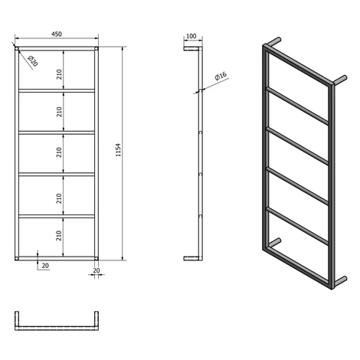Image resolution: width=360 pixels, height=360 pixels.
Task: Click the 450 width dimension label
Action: pyautogui.click(x=57, y=34)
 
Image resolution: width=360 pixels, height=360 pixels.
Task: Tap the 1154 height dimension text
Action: pyautogui.click(x=118, y=150)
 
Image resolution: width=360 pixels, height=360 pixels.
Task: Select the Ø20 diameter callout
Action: pyautogui.click(x=33, y=61)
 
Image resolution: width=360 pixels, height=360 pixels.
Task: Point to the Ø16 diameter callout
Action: pyautogui.click(x=221, y=76)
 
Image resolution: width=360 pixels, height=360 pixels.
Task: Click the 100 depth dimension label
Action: pyautogui.click(x=191, y=36)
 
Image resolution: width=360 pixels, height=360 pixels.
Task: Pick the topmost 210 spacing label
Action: pyautogui.click(x=59, y=74)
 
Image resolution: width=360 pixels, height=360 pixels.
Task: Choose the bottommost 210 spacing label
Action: pyautogui.click(x=59, y=235)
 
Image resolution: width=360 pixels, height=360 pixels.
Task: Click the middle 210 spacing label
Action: pyautogui.click(x=59, y=152)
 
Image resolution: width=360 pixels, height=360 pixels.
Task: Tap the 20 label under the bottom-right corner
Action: pyautogui.click(x=97, y=270)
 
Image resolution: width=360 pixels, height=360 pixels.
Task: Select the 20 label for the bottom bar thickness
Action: pyautogui.click(x=45, y=266)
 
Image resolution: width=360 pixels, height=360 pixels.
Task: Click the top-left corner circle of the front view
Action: pyautogui.click(x=17, y=48)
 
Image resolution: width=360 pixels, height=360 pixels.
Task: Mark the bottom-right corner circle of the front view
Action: pyautogui.click(x=97, y=258)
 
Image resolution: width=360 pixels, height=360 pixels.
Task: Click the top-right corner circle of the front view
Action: pyautogui.click(x=97, y=48)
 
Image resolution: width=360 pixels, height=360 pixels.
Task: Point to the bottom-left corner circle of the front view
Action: pyautogui.click(x=17, y=258)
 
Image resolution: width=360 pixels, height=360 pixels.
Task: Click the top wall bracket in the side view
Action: pyautogui.click(x=191, y=48)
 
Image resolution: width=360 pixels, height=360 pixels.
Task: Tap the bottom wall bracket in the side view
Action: pyautogui.click(x=191, y=258)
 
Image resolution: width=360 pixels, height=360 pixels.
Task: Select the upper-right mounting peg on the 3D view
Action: pyautogui.click(x=340, y=80)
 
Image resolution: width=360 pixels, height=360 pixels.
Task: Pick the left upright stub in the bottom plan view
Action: pyautogui.click(x=17, y=319)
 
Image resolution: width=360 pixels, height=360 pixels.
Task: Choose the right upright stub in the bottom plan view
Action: pyautogui.click(x=97, y=319)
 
